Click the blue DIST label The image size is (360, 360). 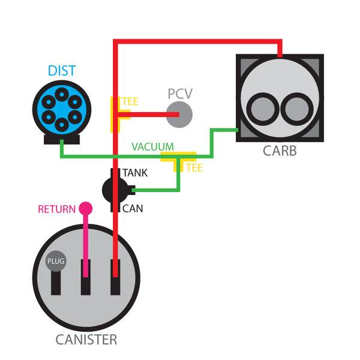click(x=61, y=71)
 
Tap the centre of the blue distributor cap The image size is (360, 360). click(x=59, y=109)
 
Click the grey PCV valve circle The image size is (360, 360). click(x=179, y=114)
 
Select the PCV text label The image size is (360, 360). click(x=181, y=94)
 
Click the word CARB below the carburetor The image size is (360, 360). click(x=279, y=150)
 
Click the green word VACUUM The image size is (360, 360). click(x=153, y=146)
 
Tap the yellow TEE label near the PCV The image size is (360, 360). click(x=130, y=101)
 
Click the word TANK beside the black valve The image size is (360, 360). click(x=135, y=173)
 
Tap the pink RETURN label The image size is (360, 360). click(x=56, y=209)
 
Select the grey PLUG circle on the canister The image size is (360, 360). click(x=56, y=262)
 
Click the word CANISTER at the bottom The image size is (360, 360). click(x=86, y=340)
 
